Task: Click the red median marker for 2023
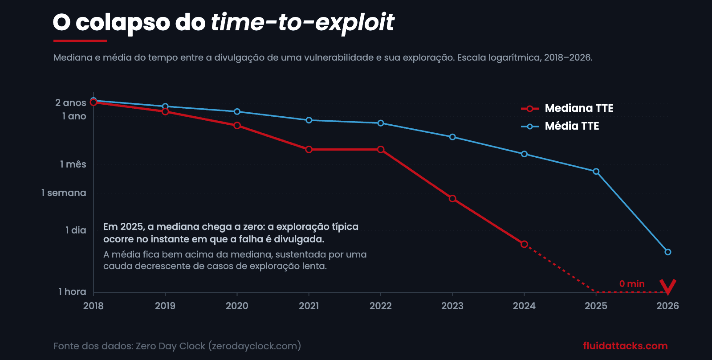tap(452, 199)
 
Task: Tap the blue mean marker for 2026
tap(668, 252)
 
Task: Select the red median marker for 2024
tap(524, 244)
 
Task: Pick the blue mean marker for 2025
tap(596, 172)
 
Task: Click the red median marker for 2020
tap(237, 126)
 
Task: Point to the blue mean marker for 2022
tap(380, 123)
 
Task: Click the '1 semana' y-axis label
tap(64, 193)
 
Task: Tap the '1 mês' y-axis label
tap(73, 164)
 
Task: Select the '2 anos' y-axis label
tap(70, 103)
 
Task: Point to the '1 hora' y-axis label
tap(72, 291)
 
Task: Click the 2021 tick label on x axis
tap(309, 306)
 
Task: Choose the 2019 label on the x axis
tap(165, 306)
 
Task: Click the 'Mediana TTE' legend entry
tap(567, 108)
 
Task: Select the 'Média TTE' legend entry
tap(560, 126)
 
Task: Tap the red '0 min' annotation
tap(632, 284)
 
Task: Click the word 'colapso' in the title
tap(123, 23)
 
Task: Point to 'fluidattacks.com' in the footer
tap(625, 346)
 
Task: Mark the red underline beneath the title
tap(80, 41)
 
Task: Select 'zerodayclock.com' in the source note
tap(255, 346)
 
